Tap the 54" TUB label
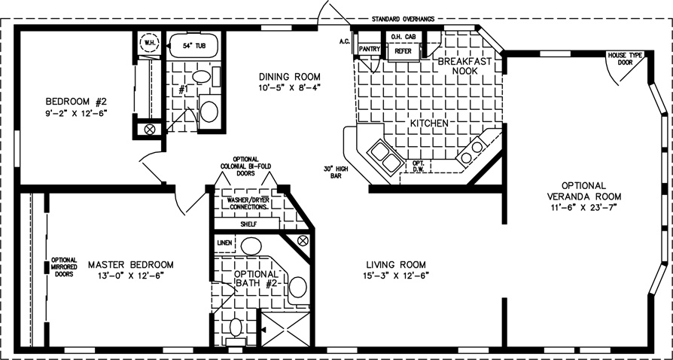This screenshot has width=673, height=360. pyautogui.click(x=193, y=46)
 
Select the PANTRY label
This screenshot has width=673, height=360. pyautogui.click(x=369, y=50)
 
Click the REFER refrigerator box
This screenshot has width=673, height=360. pyautogui.click(x=403, y=51)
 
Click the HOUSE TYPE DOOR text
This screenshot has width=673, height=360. pyautogui.click(x=625, y=59)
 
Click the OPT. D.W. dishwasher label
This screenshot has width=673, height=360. pyautogui.click(x=418, y=166)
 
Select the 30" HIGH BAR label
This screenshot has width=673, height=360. pyautogui.click(x=336, y=172)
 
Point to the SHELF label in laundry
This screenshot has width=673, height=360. pyautogui.click(x=246, y=224)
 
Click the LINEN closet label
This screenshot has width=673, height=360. pyautogui.click(x=224, y=243)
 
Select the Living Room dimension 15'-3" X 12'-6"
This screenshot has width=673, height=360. pyautogui.click(x=396, y=275)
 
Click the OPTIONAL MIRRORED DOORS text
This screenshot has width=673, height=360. pyautogui.click(x=64, y=267)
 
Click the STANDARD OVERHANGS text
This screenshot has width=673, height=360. pyautogui.click(x=403, y=19)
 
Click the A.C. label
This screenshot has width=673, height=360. pyautogui.click(x=343, y=41)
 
